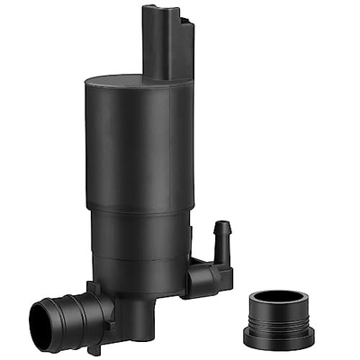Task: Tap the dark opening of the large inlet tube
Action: click(41, 319)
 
